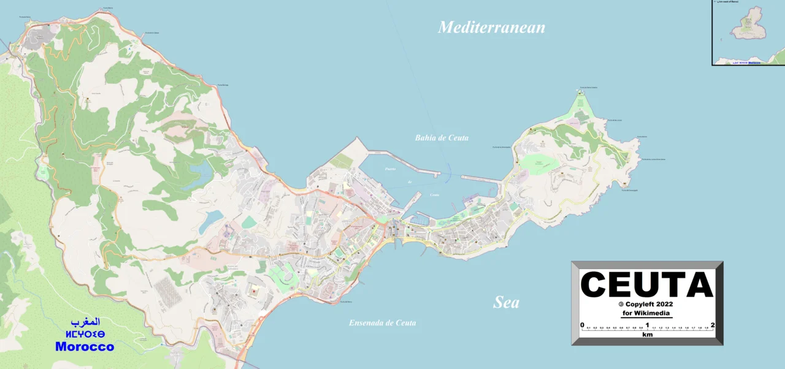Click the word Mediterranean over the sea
coord(491,27)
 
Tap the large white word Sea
coord(507,302)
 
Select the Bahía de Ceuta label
coord(442,138)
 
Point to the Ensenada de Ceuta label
coord(382,323)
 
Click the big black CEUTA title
coord(647,285)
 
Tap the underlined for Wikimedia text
coord(647,313)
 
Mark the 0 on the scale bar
coord(582,325)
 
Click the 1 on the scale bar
coord(647,325)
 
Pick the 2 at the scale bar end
coord(713,325)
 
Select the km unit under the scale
coord(647,335)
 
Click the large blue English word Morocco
coord(85,346)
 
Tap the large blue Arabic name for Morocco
coord(85,322)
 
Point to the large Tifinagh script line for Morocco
coord(85,333)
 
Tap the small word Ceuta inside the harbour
coord(434,195)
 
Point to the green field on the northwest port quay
coord(342,161)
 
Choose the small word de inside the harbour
coord(409,182)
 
